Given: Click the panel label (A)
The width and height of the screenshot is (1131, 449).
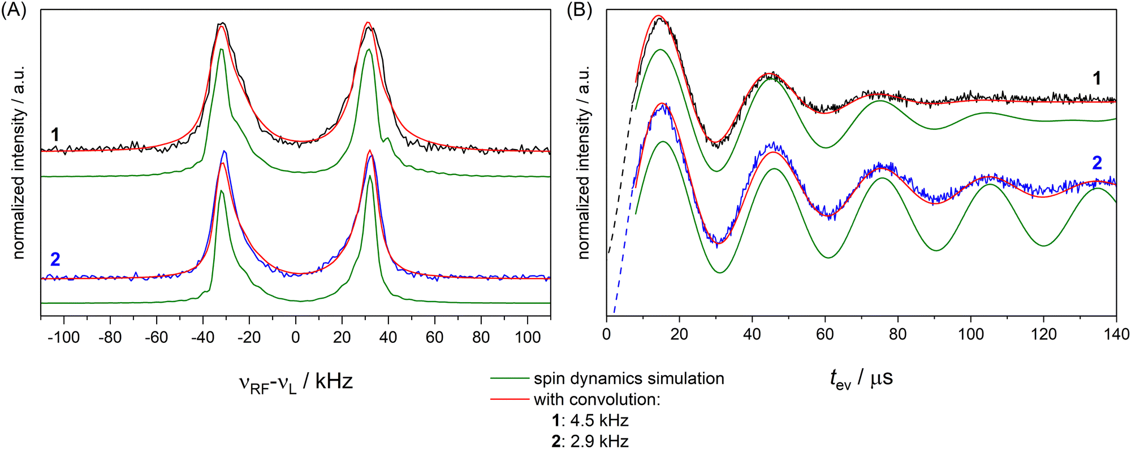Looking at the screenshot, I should click(x=14, y=11).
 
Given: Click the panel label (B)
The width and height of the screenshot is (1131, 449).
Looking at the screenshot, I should click(x=579, y=11).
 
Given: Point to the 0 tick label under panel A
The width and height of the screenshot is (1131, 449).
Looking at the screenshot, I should click(x=295, y=337).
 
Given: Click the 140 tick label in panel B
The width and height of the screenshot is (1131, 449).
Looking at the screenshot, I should click(x=1116, y=334).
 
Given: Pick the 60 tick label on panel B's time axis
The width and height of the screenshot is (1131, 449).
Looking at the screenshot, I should click(x=824, y=334).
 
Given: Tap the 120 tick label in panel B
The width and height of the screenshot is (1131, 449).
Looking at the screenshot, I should click(x=1043, y=334).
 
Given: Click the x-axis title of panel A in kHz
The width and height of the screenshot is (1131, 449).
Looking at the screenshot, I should click(x=295, y=382).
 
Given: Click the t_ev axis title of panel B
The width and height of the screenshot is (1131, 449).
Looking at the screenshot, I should click(x=861, y=378).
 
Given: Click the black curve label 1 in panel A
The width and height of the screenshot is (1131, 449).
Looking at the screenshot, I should click(x=55, y=134).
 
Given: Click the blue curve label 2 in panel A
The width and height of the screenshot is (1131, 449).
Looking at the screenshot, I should click(x=55, y=259).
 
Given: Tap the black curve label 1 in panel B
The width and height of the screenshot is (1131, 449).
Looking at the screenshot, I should click(x=1097, y=78).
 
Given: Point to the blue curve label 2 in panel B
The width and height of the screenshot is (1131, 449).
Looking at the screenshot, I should click(x=1097, y=163).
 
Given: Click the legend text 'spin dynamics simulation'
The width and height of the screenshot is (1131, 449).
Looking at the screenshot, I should click(x=629, y=378).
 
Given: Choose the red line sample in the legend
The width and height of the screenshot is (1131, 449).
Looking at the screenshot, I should click(x=509, y=400).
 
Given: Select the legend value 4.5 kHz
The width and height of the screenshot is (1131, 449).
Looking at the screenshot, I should click(x=599, y=421).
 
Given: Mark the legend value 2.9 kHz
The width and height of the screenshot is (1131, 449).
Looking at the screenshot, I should click(x=599, y=441).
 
